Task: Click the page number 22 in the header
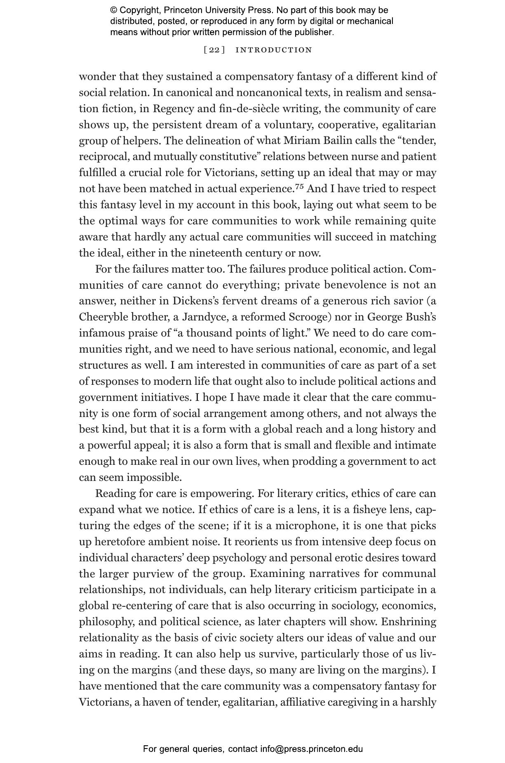coord(214,50)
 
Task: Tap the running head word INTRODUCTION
coord(274,50)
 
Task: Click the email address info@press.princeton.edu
coord(311,749)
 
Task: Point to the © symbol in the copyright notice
coord(114,10)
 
